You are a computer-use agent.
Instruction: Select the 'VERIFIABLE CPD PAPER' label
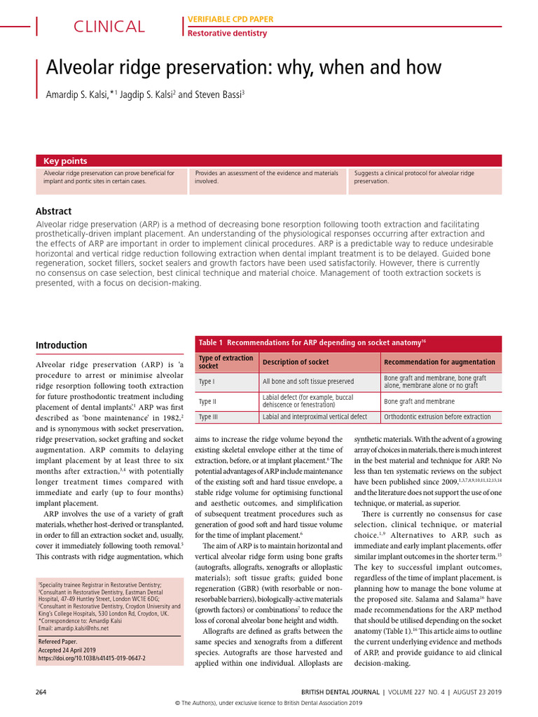229,19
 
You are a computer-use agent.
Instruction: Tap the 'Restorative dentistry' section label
228,33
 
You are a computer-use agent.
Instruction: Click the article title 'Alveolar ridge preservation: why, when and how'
244,68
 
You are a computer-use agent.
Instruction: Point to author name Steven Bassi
219,94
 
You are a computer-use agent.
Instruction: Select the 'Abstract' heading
53,211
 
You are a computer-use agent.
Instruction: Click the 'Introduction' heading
62,345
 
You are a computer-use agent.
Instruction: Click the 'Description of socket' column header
296,362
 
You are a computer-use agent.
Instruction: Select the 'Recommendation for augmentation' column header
439,362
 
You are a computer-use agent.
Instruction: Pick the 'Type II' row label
207,401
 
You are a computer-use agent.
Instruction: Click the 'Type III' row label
208,417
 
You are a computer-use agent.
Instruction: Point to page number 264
41,692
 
